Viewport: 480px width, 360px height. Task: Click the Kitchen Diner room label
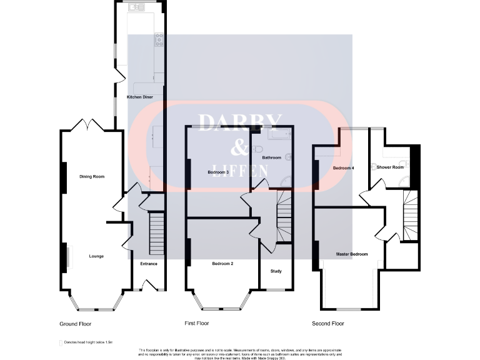coord(139,97)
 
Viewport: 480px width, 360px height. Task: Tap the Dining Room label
coord(91,177)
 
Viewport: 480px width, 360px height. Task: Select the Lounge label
coord(96,256)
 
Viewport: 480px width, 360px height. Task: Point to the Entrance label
coord(149,264)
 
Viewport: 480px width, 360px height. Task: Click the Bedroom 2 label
coord(222,264)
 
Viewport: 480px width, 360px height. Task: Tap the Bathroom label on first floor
coord(271,157)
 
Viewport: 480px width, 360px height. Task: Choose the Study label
coord(276,271)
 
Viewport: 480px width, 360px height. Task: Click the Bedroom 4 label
coord(343,168)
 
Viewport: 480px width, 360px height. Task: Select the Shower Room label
coord(389,167)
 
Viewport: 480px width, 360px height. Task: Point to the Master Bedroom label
coord(351,254)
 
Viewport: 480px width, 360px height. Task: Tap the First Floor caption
coord(196,324)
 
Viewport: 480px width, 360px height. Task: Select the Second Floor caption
coord(327,324)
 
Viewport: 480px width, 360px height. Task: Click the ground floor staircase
coord(156,232)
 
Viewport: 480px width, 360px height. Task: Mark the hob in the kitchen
coord(160,39)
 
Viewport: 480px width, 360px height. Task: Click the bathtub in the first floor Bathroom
coord(279,134)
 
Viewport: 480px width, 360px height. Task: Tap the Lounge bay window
coord(96,305)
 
